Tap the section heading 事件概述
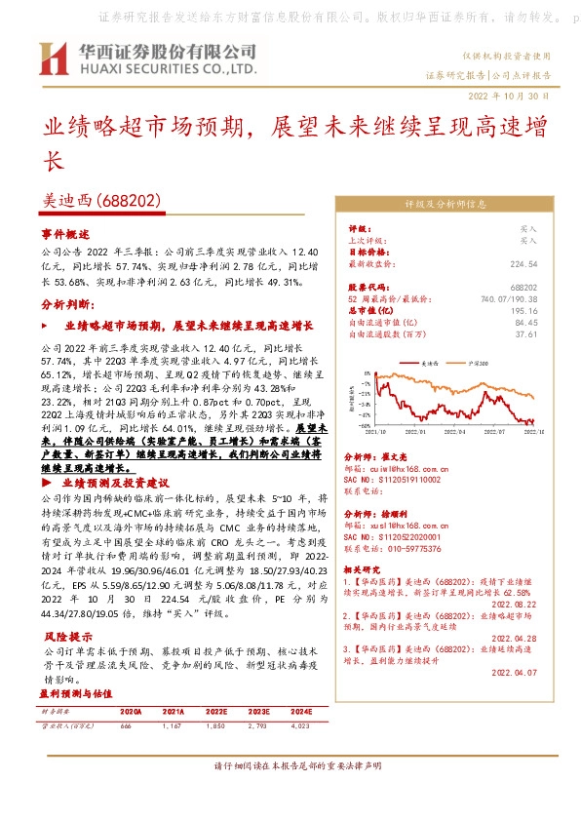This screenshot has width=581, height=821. tap(65, 235)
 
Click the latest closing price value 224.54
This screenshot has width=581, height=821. tap(523, 263)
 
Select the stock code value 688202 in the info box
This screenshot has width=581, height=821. tap(524, 288)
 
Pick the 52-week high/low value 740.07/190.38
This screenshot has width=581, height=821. tap(508, 298)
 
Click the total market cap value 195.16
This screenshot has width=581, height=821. tap(524, 310)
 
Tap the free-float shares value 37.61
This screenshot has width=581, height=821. tap(526, 333)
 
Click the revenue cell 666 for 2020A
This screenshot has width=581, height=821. tap(126, 727)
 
